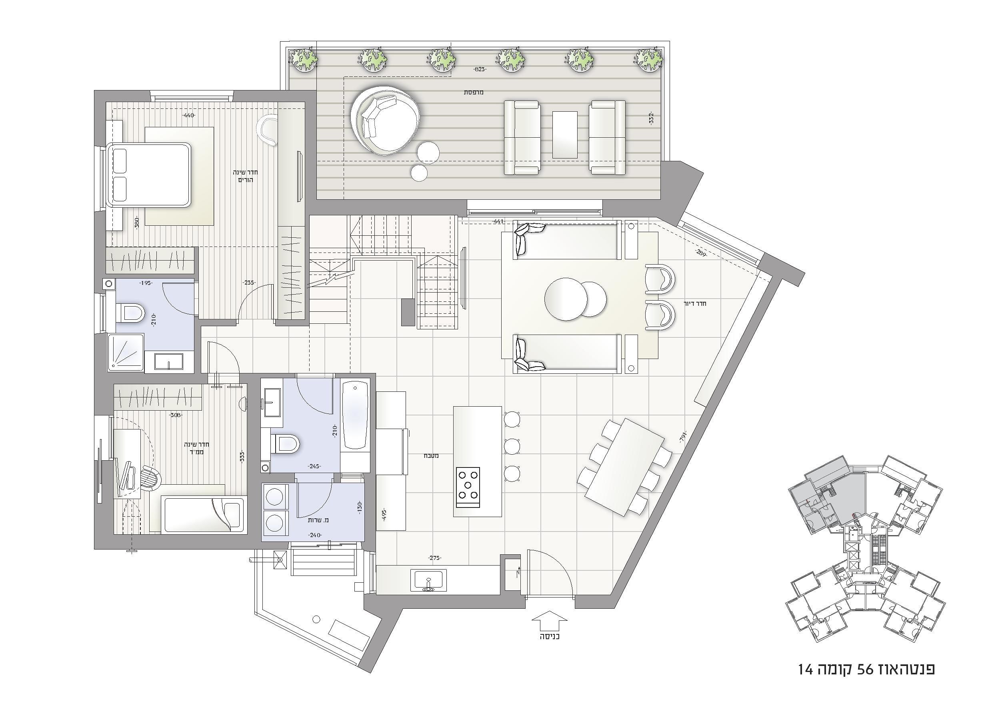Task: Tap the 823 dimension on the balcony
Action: (479, 69)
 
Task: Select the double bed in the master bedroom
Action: (150, 174)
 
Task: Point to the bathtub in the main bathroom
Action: (355, 415)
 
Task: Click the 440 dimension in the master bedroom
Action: (189, 115)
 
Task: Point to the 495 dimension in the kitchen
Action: (383, 514)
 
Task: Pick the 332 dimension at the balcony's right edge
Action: (651, 118)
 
